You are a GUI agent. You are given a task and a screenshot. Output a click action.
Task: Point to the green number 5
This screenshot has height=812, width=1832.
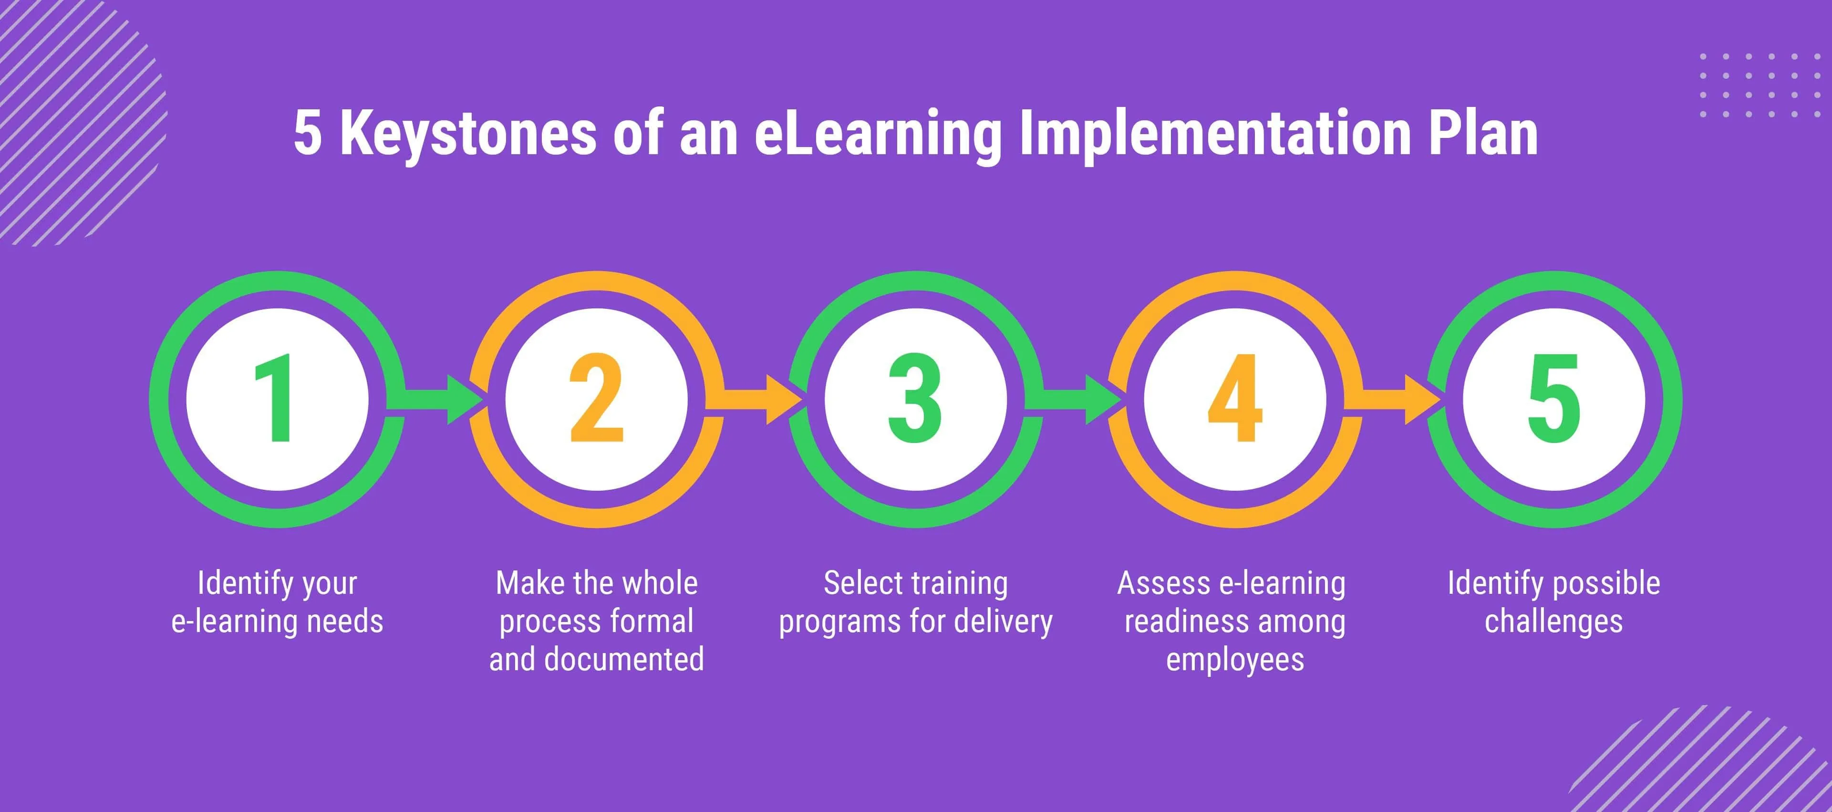[x=1554, y=399]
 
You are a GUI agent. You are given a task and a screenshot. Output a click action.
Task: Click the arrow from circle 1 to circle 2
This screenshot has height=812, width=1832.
[x=435, y=399]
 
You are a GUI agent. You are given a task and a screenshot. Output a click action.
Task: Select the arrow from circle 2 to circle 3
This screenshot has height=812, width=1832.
[x=754, y=399]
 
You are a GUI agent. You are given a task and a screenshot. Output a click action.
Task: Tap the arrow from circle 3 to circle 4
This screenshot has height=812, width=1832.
[x=1073, y=399]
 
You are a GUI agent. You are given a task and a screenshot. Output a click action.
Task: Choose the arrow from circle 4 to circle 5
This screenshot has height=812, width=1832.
[x=1393, y=399]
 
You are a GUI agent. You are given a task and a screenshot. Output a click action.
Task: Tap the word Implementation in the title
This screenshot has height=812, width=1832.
[x=1215, y=135]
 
